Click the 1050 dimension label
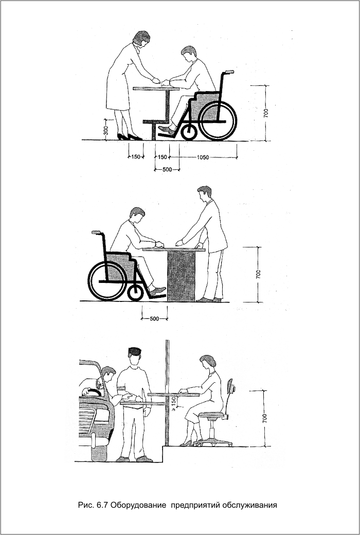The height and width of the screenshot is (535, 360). coord(203,157)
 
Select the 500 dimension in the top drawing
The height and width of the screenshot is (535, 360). coord(167,170)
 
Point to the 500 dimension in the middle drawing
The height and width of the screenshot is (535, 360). coord(154,319)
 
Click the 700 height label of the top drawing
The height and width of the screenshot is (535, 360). coord(266,113)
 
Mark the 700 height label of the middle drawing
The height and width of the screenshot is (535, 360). coord(258,274)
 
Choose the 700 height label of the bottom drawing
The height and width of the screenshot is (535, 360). coord(265,418)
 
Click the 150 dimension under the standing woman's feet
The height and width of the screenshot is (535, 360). coord(136,157)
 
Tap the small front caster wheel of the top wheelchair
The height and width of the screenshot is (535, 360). coord(189,132)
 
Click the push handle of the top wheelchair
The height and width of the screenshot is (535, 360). coord(229,72)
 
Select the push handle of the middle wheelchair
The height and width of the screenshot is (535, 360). coord(96,233)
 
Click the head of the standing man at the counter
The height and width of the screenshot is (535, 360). coord(204,193)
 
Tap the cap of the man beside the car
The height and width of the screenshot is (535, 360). coord(135,351)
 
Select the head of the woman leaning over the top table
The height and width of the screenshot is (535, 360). coord(141,38)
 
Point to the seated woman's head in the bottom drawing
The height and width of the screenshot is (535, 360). coord(208,362)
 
